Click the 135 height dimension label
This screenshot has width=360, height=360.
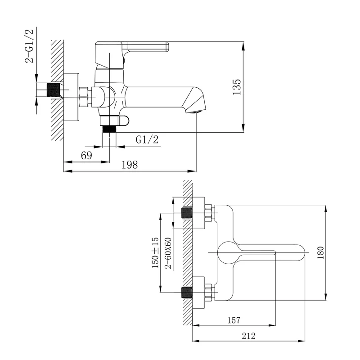click(237, 87)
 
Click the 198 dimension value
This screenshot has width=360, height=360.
click(130, 165)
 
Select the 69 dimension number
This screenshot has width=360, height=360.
click(86, 156)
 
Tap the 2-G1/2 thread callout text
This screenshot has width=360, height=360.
click(29, 46)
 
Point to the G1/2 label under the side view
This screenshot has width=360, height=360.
click(147, 139)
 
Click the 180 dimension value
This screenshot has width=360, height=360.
click(320, 252)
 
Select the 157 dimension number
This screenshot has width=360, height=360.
click(234, 320)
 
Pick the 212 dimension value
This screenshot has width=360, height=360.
click(248, 336)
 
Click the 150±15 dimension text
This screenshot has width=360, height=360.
click(155, 252)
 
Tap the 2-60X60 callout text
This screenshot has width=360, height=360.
click(168, 253)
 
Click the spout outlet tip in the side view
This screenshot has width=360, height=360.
click(196, 112)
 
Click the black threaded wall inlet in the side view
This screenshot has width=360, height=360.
click(53, 90)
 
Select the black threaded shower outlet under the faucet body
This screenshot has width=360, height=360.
click(109, 129)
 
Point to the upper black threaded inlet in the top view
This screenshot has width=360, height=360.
click(186, 213)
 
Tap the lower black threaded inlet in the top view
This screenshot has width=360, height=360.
click(186, 292)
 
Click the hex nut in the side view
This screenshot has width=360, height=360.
click(84, 97)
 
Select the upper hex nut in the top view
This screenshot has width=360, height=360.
click(208, 213)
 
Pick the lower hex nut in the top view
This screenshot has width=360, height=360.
click(208, 292)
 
